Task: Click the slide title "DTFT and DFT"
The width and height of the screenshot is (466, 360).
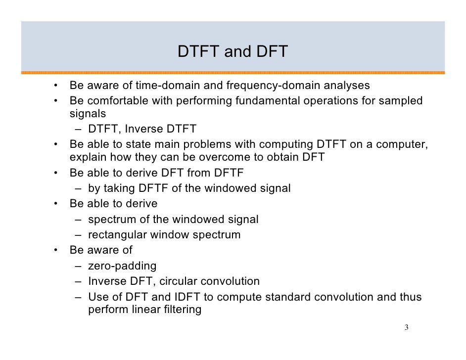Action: pyautogui.click(x=233, y=52)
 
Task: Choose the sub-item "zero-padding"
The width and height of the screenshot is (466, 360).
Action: pyautogui.click(x=122, y=266)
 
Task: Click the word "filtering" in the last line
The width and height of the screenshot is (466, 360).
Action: pyautogui.click(x=180, y=311)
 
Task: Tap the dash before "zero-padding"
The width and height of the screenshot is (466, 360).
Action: pyautogui.click(x=79, y=266)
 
